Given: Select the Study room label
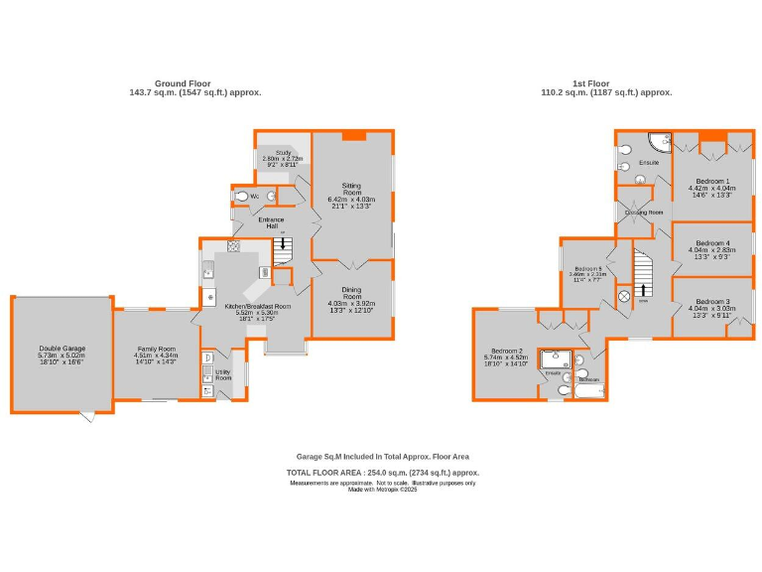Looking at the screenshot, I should pyautogui.click(x=277, y=153).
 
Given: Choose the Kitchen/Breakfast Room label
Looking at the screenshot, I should pyautogui.click(x=255, y=307).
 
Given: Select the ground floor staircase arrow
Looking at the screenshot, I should pyautogui.click(x=285, y=245).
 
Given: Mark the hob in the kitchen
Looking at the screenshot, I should pyautogui.click(x=233, y=246).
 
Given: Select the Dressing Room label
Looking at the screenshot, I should pyautogui.click(x=643, y=213).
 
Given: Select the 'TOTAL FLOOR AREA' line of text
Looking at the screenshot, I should pyautogui.click(x=382, y=473).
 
